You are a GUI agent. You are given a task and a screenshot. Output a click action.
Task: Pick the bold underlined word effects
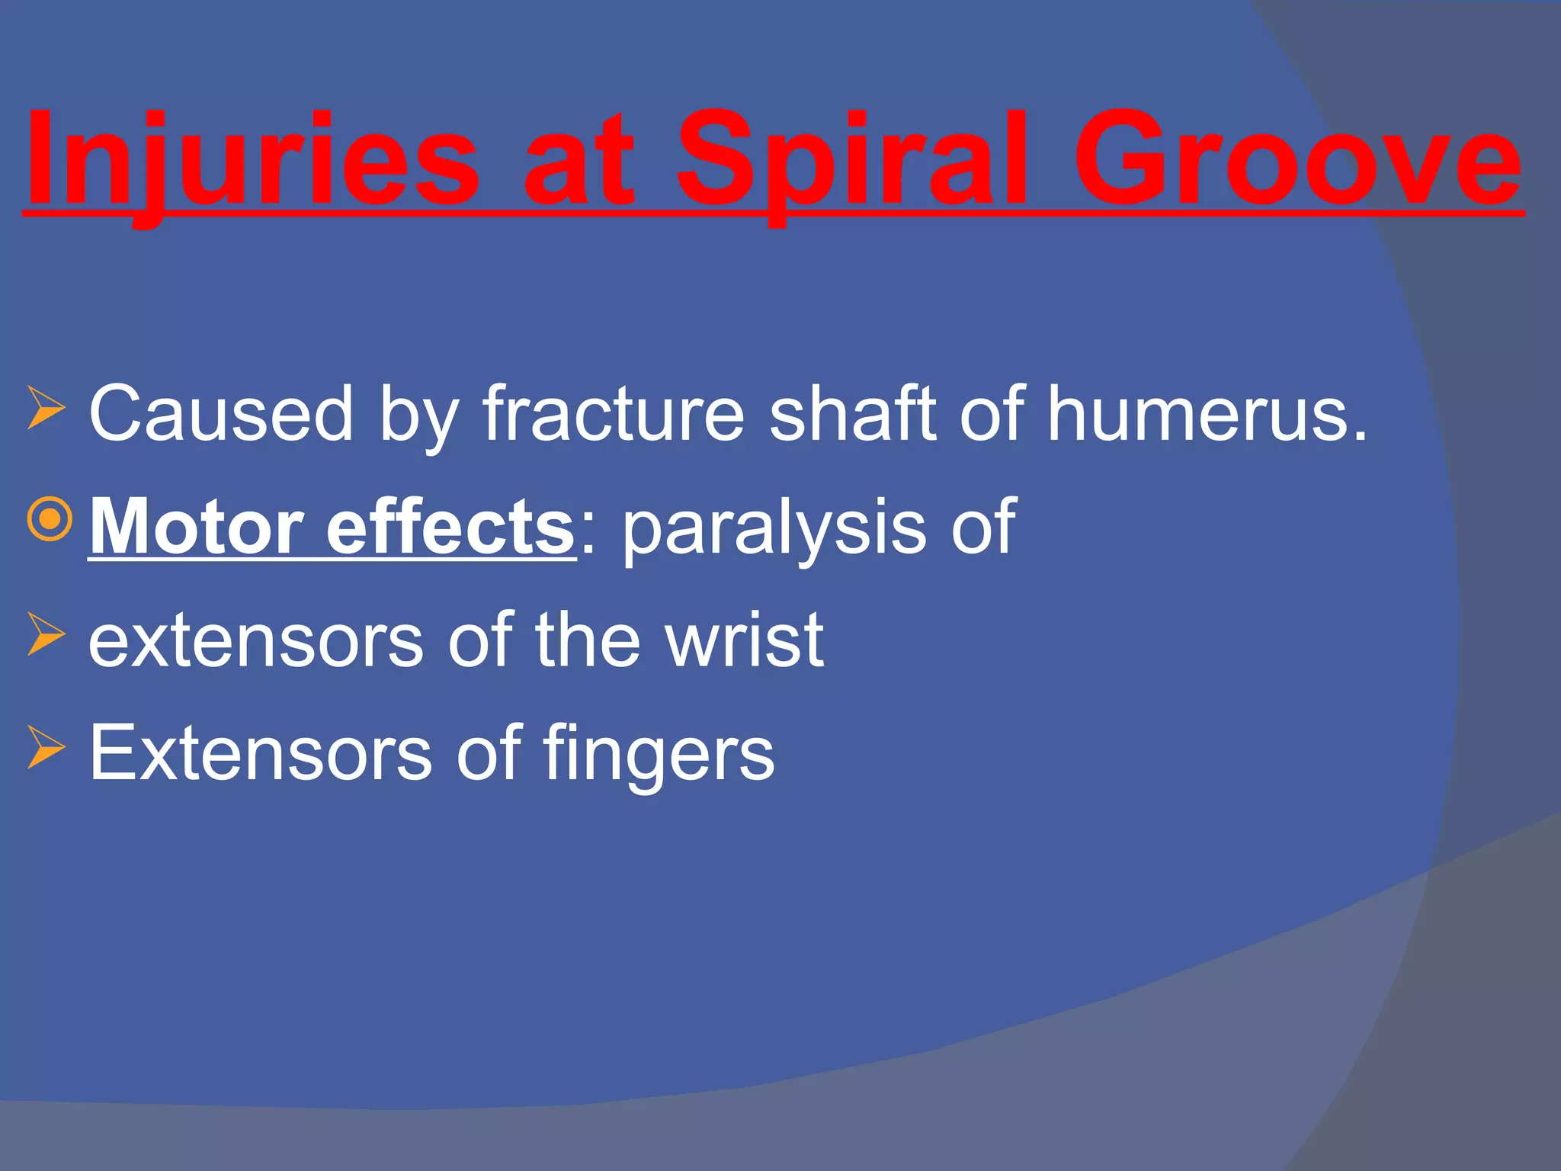pyautogui.click(x=450, y=527)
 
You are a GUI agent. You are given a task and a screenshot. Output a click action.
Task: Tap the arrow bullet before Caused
pyautogui.click(x=46, y=407)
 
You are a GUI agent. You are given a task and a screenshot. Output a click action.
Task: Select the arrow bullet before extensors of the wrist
pyautogui.click(x=46, y=634)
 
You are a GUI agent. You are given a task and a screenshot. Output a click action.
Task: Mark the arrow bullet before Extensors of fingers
pyautogui.click(x=46, y=746)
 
